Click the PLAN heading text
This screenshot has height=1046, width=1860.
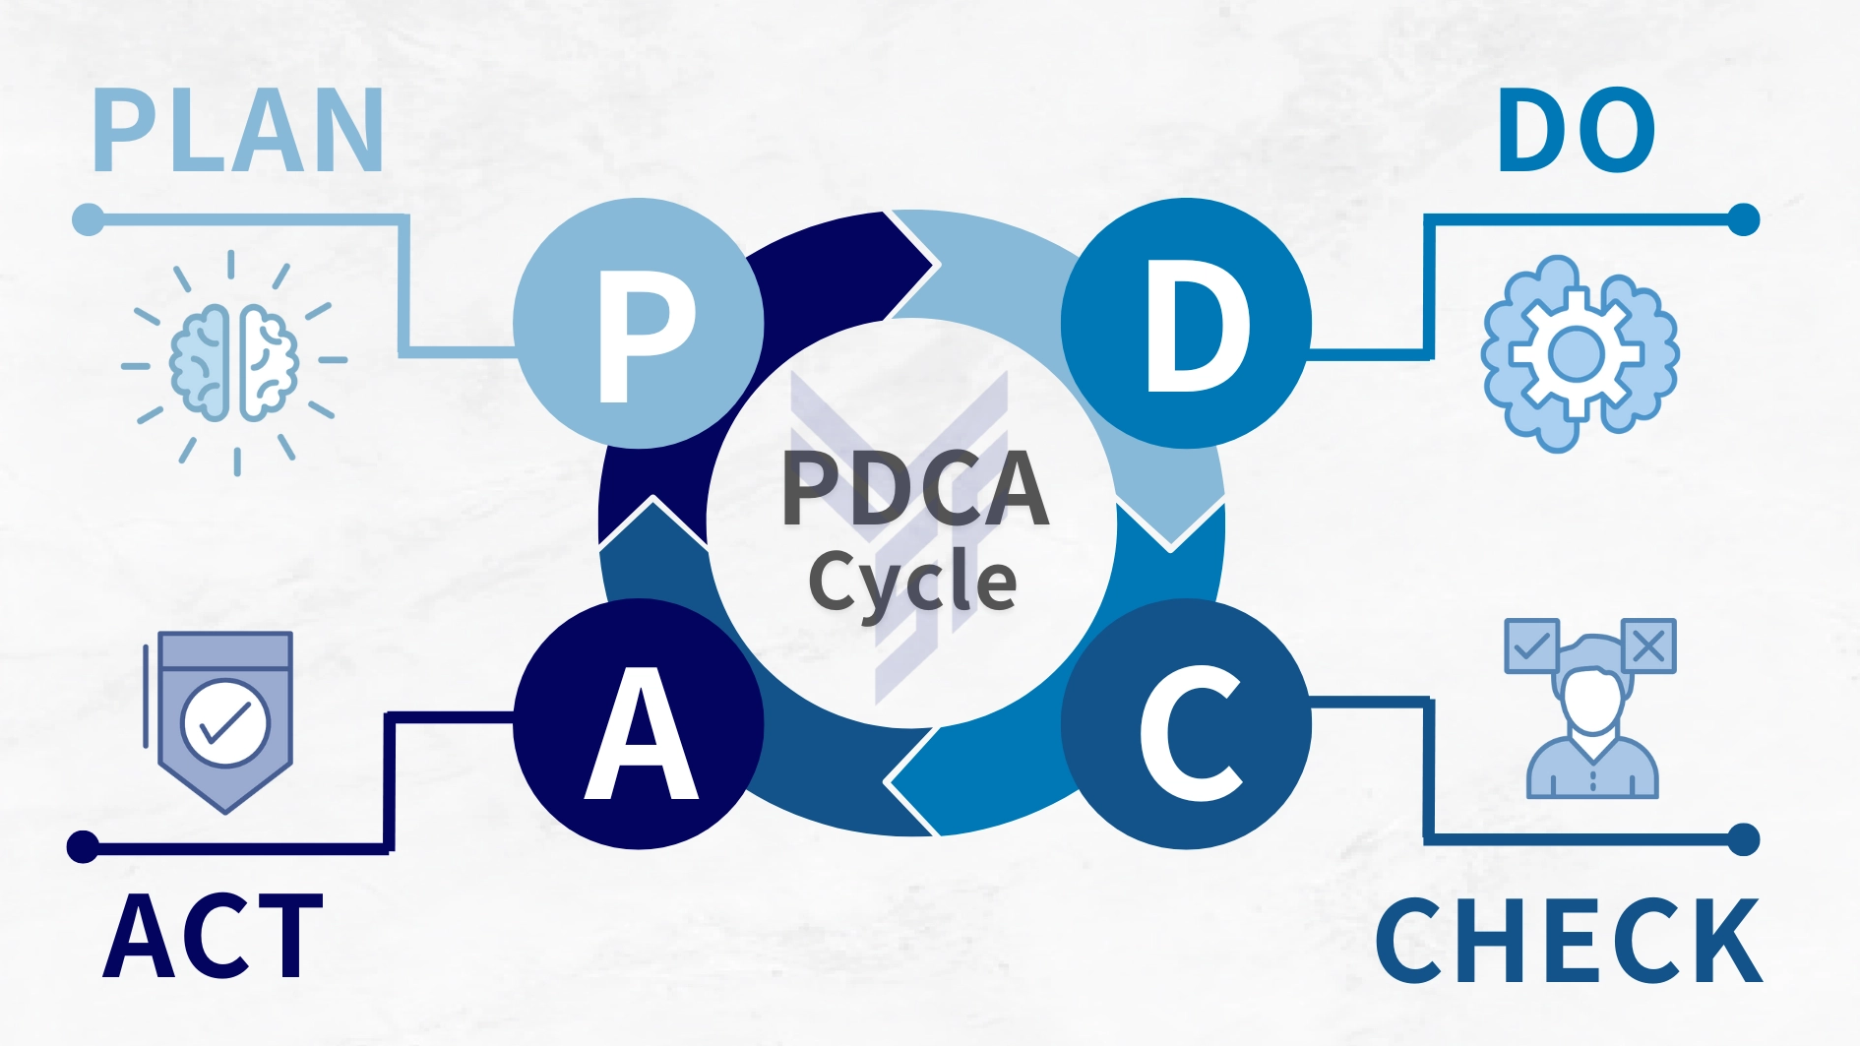(x=238, y=131)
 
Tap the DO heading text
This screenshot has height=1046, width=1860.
(x=1577, y=131)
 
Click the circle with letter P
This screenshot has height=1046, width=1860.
(x=639, y=323)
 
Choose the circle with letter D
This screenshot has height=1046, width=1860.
(x=1186, y=323)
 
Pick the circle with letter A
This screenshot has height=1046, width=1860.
(x=639, y=724)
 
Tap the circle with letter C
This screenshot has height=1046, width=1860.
(x=1186, y=724)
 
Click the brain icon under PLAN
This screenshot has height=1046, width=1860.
(x=234, y=363)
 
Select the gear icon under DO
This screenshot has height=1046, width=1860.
(x=1579, y=354)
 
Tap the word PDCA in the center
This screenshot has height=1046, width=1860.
(x=915, y=488)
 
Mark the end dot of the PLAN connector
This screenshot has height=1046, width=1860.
(x=89, y=219)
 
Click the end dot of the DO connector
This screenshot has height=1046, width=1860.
(x=1743, y=219)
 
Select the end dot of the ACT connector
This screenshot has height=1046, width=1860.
(x=83, y=846)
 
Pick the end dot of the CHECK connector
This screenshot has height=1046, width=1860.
(x=1743, y=839)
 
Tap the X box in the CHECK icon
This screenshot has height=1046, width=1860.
(x=1648, y=646)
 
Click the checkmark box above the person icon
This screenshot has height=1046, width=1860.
(x=1531, y=646)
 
